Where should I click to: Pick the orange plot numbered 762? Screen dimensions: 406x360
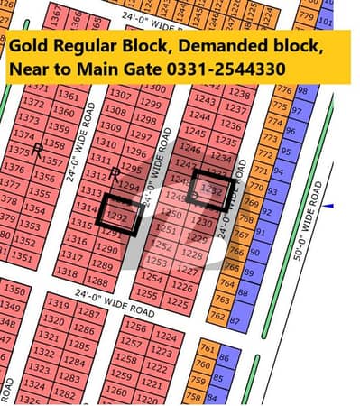[x=217, y=316]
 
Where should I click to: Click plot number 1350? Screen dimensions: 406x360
[x=14, y=291]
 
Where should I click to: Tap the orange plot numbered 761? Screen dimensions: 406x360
[x=207, y=349]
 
